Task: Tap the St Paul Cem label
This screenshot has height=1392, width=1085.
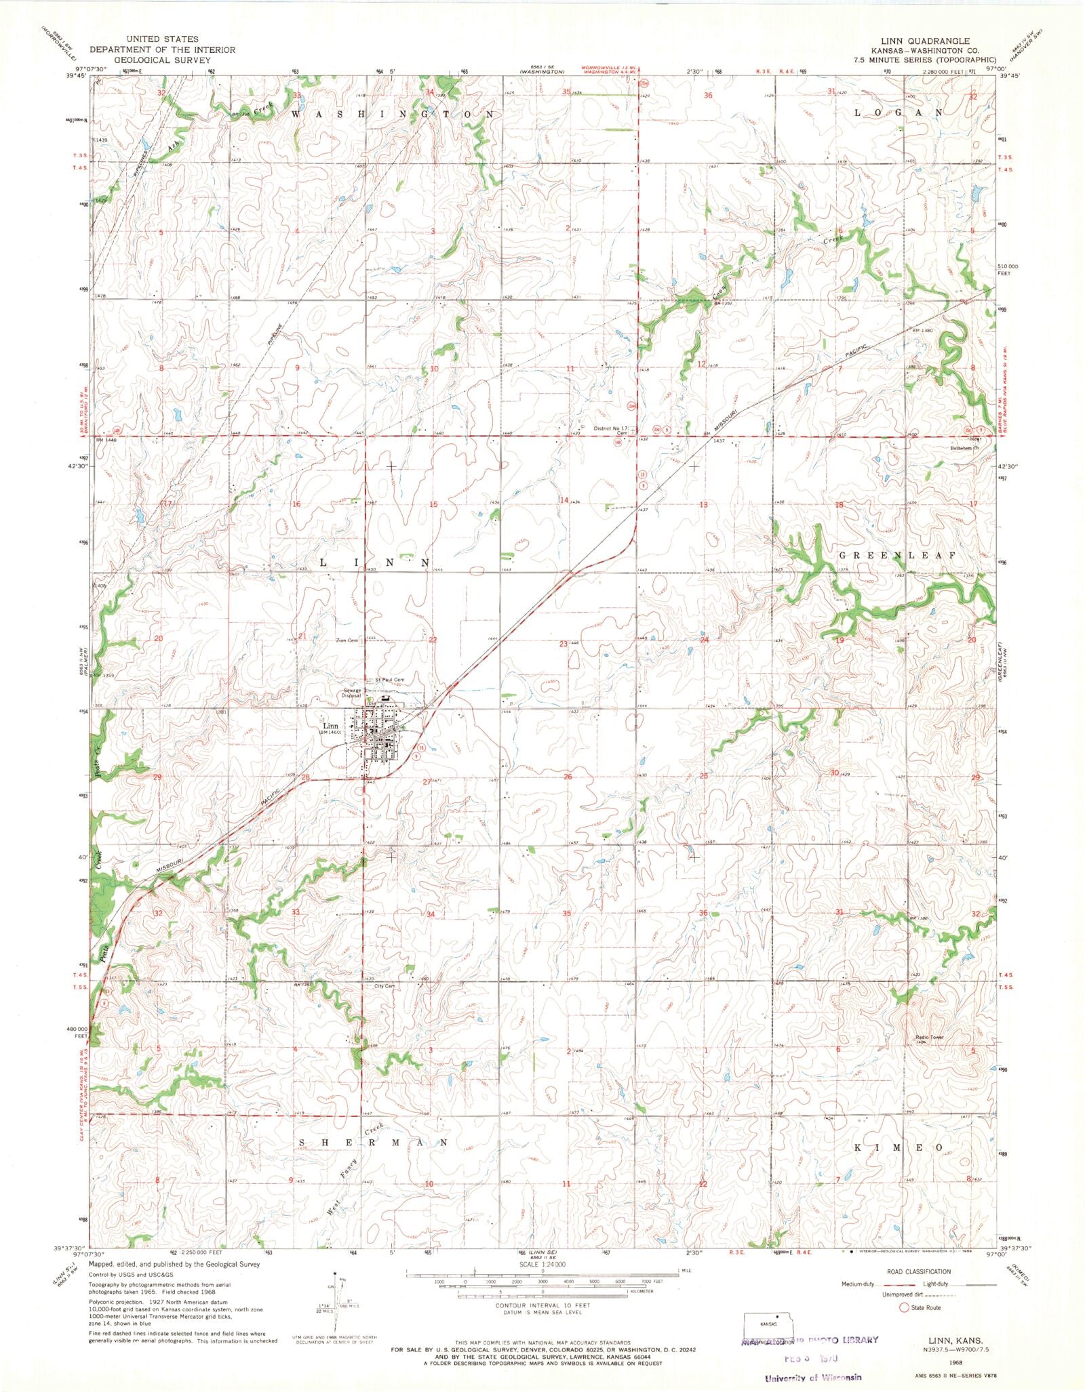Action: coord(390,680)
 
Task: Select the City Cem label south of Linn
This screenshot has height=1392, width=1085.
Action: coord(384,986)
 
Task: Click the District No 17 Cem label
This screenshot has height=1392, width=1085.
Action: coord(612,430)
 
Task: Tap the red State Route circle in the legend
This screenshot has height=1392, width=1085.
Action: coord(903,1307)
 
